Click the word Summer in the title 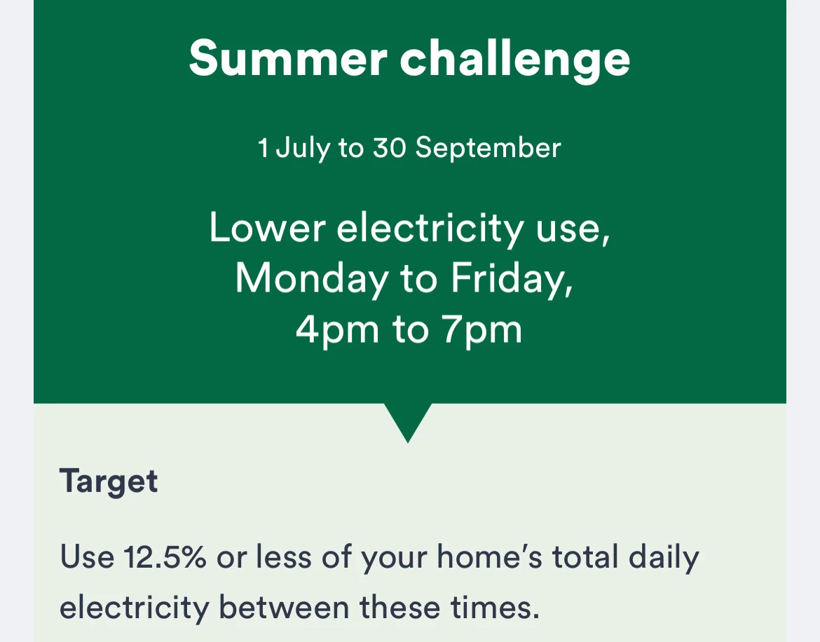(288, 58)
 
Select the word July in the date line (303, 148)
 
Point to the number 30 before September (389, 147)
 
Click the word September (488, 149)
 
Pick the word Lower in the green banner (267, 228)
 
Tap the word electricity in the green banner (430, 229)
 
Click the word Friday (512, 279)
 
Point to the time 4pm (337, 330)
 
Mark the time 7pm (482, 330)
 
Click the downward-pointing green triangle (408, 418)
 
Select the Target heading (108, 481)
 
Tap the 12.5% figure (165, 556)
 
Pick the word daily (664, 557)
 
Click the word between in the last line (284, 607)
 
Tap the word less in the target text (283, 556)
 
